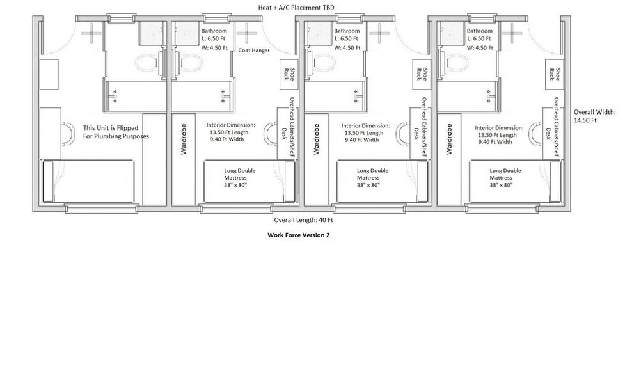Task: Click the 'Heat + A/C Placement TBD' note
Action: coord(296,8)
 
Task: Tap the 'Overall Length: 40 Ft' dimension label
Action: coord(303,219)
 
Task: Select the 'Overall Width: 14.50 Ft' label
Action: coord(594,116)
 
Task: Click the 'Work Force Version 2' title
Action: coord(299,235)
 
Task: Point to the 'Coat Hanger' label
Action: coord(254,51)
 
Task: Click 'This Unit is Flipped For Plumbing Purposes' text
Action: coord(116,132)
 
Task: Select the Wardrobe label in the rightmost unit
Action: coord(449,139)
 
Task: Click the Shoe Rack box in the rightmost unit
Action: coord(555,74)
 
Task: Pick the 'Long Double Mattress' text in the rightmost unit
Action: coord(505,174)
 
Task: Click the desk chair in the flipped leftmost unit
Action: coord(68,134)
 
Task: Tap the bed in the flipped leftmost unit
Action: coord(88,182)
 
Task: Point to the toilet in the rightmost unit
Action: coord(456,63)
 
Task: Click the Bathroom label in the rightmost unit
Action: coord(480,31)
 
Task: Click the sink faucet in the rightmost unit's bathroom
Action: coord(489,96)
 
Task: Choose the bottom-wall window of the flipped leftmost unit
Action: coord(102,209)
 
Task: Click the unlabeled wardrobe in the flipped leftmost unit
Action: coord(154,159)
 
